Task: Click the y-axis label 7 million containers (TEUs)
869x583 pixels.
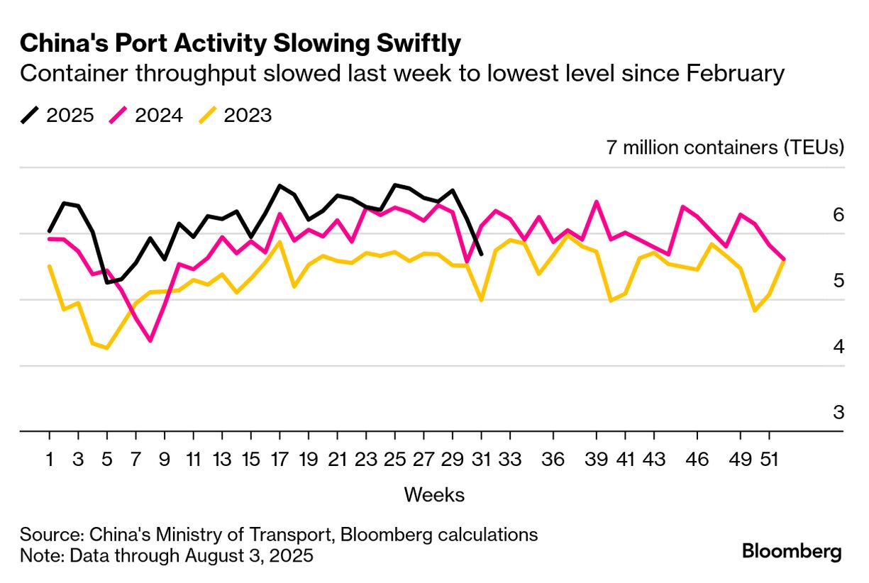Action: pyautogui.click(x=724, y=148)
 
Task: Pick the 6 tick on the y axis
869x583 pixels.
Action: pyautogui.click(x=838, y=214)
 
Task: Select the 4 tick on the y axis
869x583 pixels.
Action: pyautogui.click(x=838, y=347)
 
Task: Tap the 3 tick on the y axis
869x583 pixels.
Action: pyautogui.click(x=838, y=412)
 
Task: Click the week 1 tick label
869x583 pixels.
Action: pyautogui.click(x=50, y=460)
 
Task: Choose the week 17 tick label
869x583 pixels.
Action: pyautogui.click(x=281, y=460)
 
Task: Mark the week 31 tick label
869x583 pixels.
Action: pyautogui.click(x=482, y=460)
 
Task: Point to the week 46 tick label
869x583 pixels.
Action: pyautogui.click(x=699, y=460)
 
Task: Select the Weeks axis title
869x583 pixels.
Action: pyautogui.click(x=434, y=494)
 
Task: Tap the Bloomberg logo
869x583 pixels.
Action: pyautogui.click(x=792, y=551)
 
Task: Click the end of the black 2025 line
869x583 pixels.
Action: pyautogui.click(x=482, y=254)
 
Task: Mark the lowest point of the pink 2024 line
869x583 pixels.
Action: pyautogui.click(x=150, y=341)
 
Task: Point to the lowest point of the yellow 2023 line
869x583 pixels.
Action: pyautogui.click(x=107, y=348)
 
